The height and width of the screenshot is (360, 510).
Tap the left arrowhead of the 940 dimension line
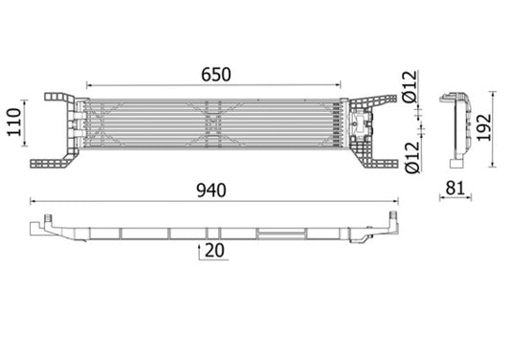(x=33, y=202)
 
